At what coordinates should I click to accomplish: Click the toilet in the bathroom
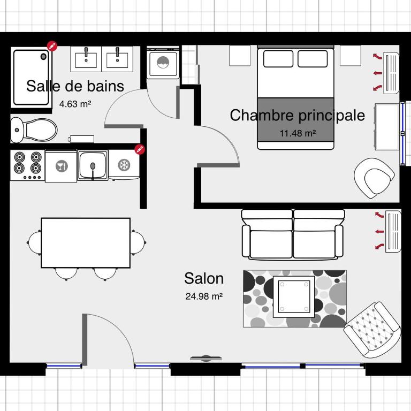pyautogui.click(x=34, y=130)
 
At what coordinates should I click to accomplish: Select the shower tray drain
pyautogui.click(x=43, y=56)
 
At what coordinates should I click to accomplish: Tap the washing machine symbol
pyautogui.click(x=163, y=63)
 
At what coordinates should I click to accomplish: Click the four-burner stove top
pyautogui.click(x=27, y=165)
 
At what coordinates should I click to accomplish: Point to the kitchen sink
pyautogui.click(x=93, y=165)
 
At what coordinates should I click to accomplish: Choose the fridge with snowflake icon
pyautogui.click(x=124, y=165)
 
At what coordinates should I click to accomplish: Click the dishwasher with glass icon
pyautogui.click(x=62, y=166)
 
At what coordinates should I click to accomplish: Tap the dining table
pyautogui.click(x=86, y=243)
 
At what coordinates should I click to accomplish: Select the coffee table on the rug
pyautogui.click(x=294, y=296)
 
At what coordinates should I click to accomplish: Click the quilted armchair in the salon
pyautogui.click(x=372, y=330)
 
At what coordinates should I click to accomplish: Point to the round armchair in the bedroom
pyautogui.click(x=374, y=178)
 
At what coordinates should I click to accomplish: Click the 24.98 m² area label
pyautogui.click(x=204, y=296)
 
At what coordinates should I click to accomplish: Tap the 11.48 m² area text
pyautogui.click(x=298, y=133)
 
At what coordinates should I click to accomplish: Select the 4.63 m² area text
pyautogui.click(x=75, y=104)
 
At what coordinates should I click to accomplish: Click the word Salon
pyautogui.click(x=204, y=278)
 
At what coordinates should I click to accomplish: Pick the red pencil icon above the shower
pyautogui.click(x=52, y=46)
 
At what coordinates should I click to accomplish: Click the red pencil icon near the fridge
pyautogui.click(x=140, y=149)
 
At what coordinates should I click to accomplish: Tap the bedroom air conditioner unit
pyautogui.click(x=391, y=73)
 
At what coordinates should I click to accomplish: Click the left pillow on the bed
pyautogui.click(x=278, y=59)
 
